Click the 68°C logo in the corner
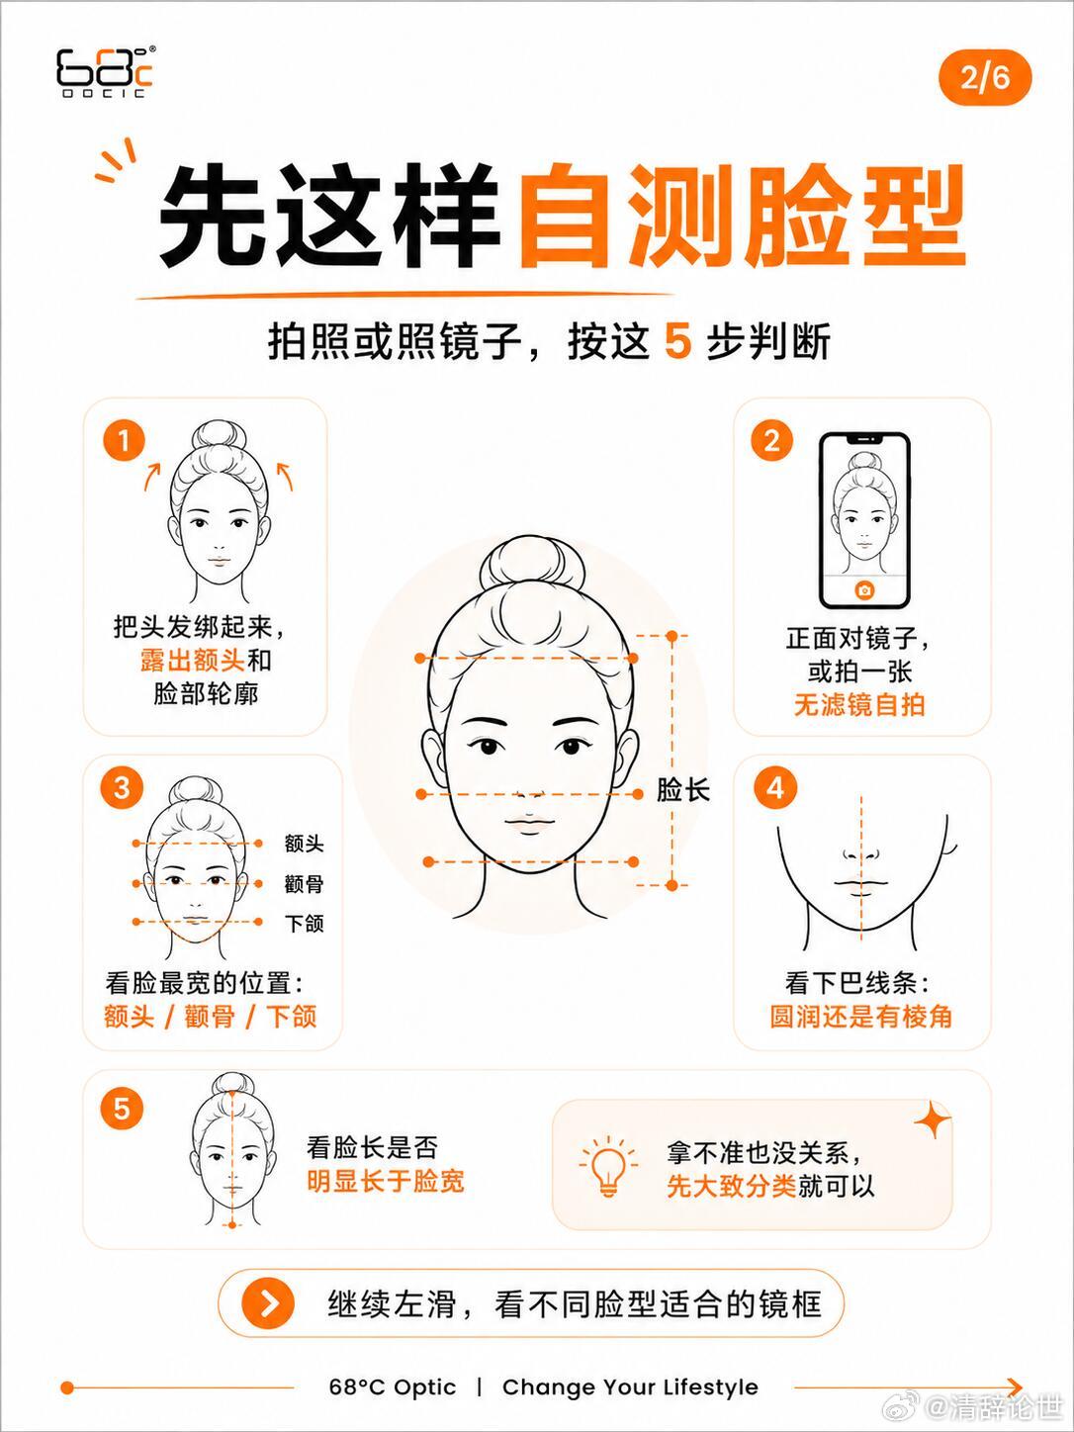coord(106,72)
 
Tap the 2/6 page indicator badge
coord(985,78)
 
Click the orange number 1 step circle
coord(124,442)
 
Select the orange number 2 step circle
coord(772,442)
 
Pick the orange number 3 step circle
coord(122,788)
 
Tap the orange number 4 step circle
coord(774,788)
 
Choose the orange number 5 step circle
coord(122,1109)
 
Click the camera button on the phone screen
coord(864,590)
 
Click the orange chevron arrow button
coord(267,1303)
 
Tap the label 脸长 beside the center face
coord(682,791)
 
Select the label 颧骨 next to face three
coord(304,884)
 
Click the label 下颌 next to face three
coord(304,923)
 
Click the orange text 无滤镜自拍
coord(858,704)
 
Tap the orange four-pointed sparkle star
coord(933,1119)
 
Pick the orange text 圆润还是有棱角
coord(860,1016)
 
